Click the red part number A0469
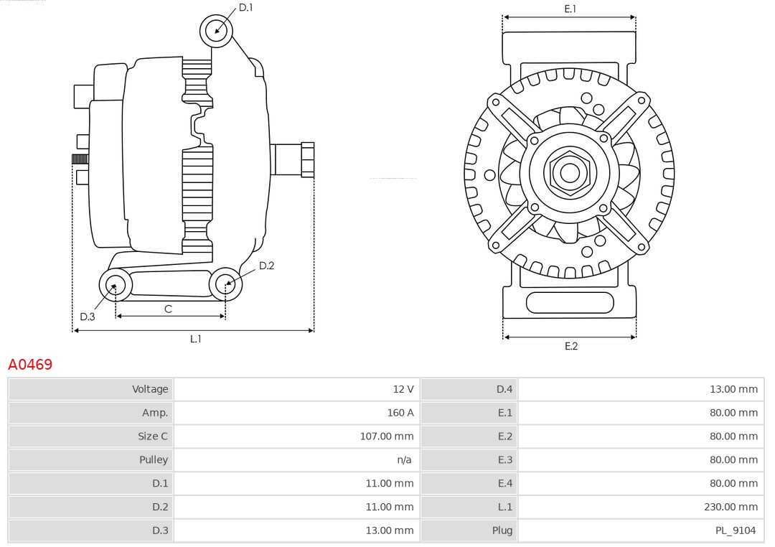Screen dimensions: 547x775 30,365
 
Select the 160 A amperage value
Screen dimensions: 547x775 400,413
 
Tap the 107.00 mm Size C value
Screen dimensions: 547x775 387,436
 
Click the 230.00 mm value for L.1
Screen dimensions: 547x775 731,507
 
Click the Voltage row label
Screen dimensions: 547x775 149,389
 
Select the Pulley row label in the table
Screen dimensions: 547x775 153,459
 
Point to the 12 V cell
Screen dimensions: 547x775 403,389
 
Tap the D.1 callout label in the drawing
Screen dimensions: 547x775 245,7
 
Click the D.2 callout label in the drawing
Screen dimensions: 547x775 266,266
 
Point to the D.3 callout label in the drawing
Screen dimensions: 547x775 88,317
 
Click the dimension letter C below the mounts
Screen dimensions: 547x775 168,309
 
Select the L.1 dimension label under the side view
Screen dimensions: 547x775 195,339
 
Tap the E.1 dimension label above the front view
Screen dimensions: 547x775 570,9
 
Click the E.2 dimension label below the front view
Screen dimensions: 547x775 570,346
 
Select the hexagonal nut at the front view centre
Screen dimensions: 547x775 569,172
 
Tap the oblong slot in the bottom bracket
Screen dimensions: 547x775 570,303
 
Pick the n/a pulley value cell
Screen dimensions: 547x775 404,459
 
